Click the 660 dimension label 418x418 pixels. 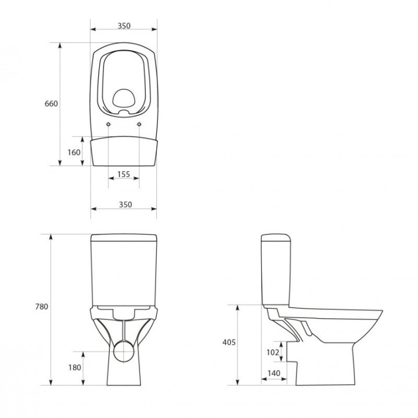(x=52, y=104)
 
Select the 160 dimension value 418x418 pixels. (x=74, y=152)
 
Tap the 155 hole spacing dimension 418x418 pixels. (x=123, y=174)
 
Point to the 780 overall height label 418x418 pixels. (x=41, y=307)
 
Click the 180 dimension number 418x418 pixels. (x=75, y=367)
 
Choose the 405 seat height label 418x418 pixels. (x=229, y=343)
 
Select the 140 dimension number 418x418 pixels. (x=273, y=373)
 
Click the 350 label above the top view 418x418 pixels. (x=123, y=26)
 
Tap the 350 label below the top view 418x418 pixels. (x=124, y=204)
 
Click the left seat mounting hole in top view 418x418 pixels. (x=109, y=125)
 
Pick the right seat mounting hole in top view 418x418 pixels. (x=139, y=125)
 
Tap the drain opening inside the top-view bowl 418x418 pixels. (x=124, y=99)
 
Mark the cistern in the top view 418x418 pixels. (x=124, y=151)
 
